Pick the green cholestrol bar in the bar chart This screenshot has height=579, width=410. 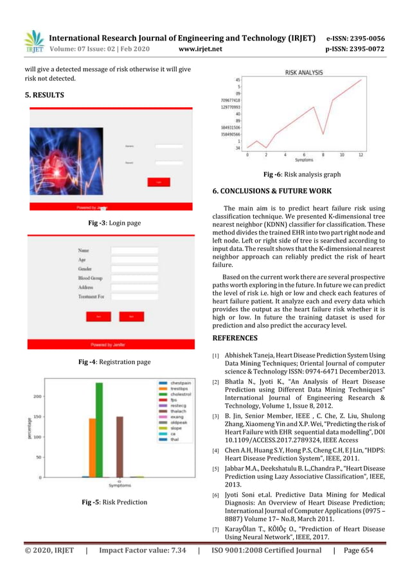tap(99, 429)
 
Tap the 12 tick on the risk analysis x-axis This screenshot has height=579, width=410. tap(361, 155)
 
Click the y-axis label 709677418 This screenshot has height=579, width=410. tap(229, 101)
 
